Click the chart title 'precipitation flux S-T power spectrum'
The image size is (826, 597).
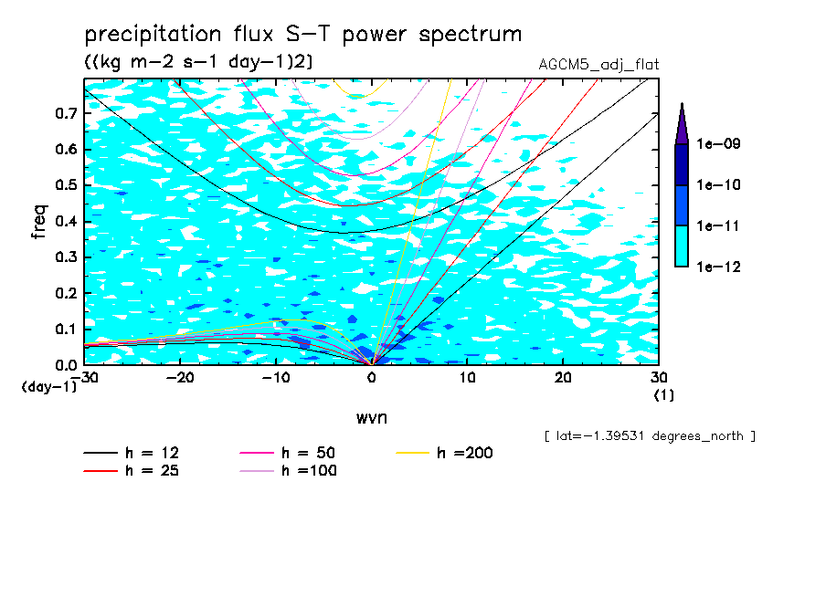pyautogui.click(x=302, y=35)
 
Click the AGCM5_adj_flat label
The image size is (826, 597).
pyautogui.click(x=599, y=64)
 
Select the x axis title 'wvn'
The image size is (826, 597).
pyautogui.click(x=371, y=417)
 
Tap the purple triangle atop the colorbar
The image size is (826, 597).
pyautogui.click(x=682, y=124)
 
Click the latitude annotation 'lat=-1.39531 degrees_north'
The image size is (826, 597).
pyautogui.click(x=650, y=435)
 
